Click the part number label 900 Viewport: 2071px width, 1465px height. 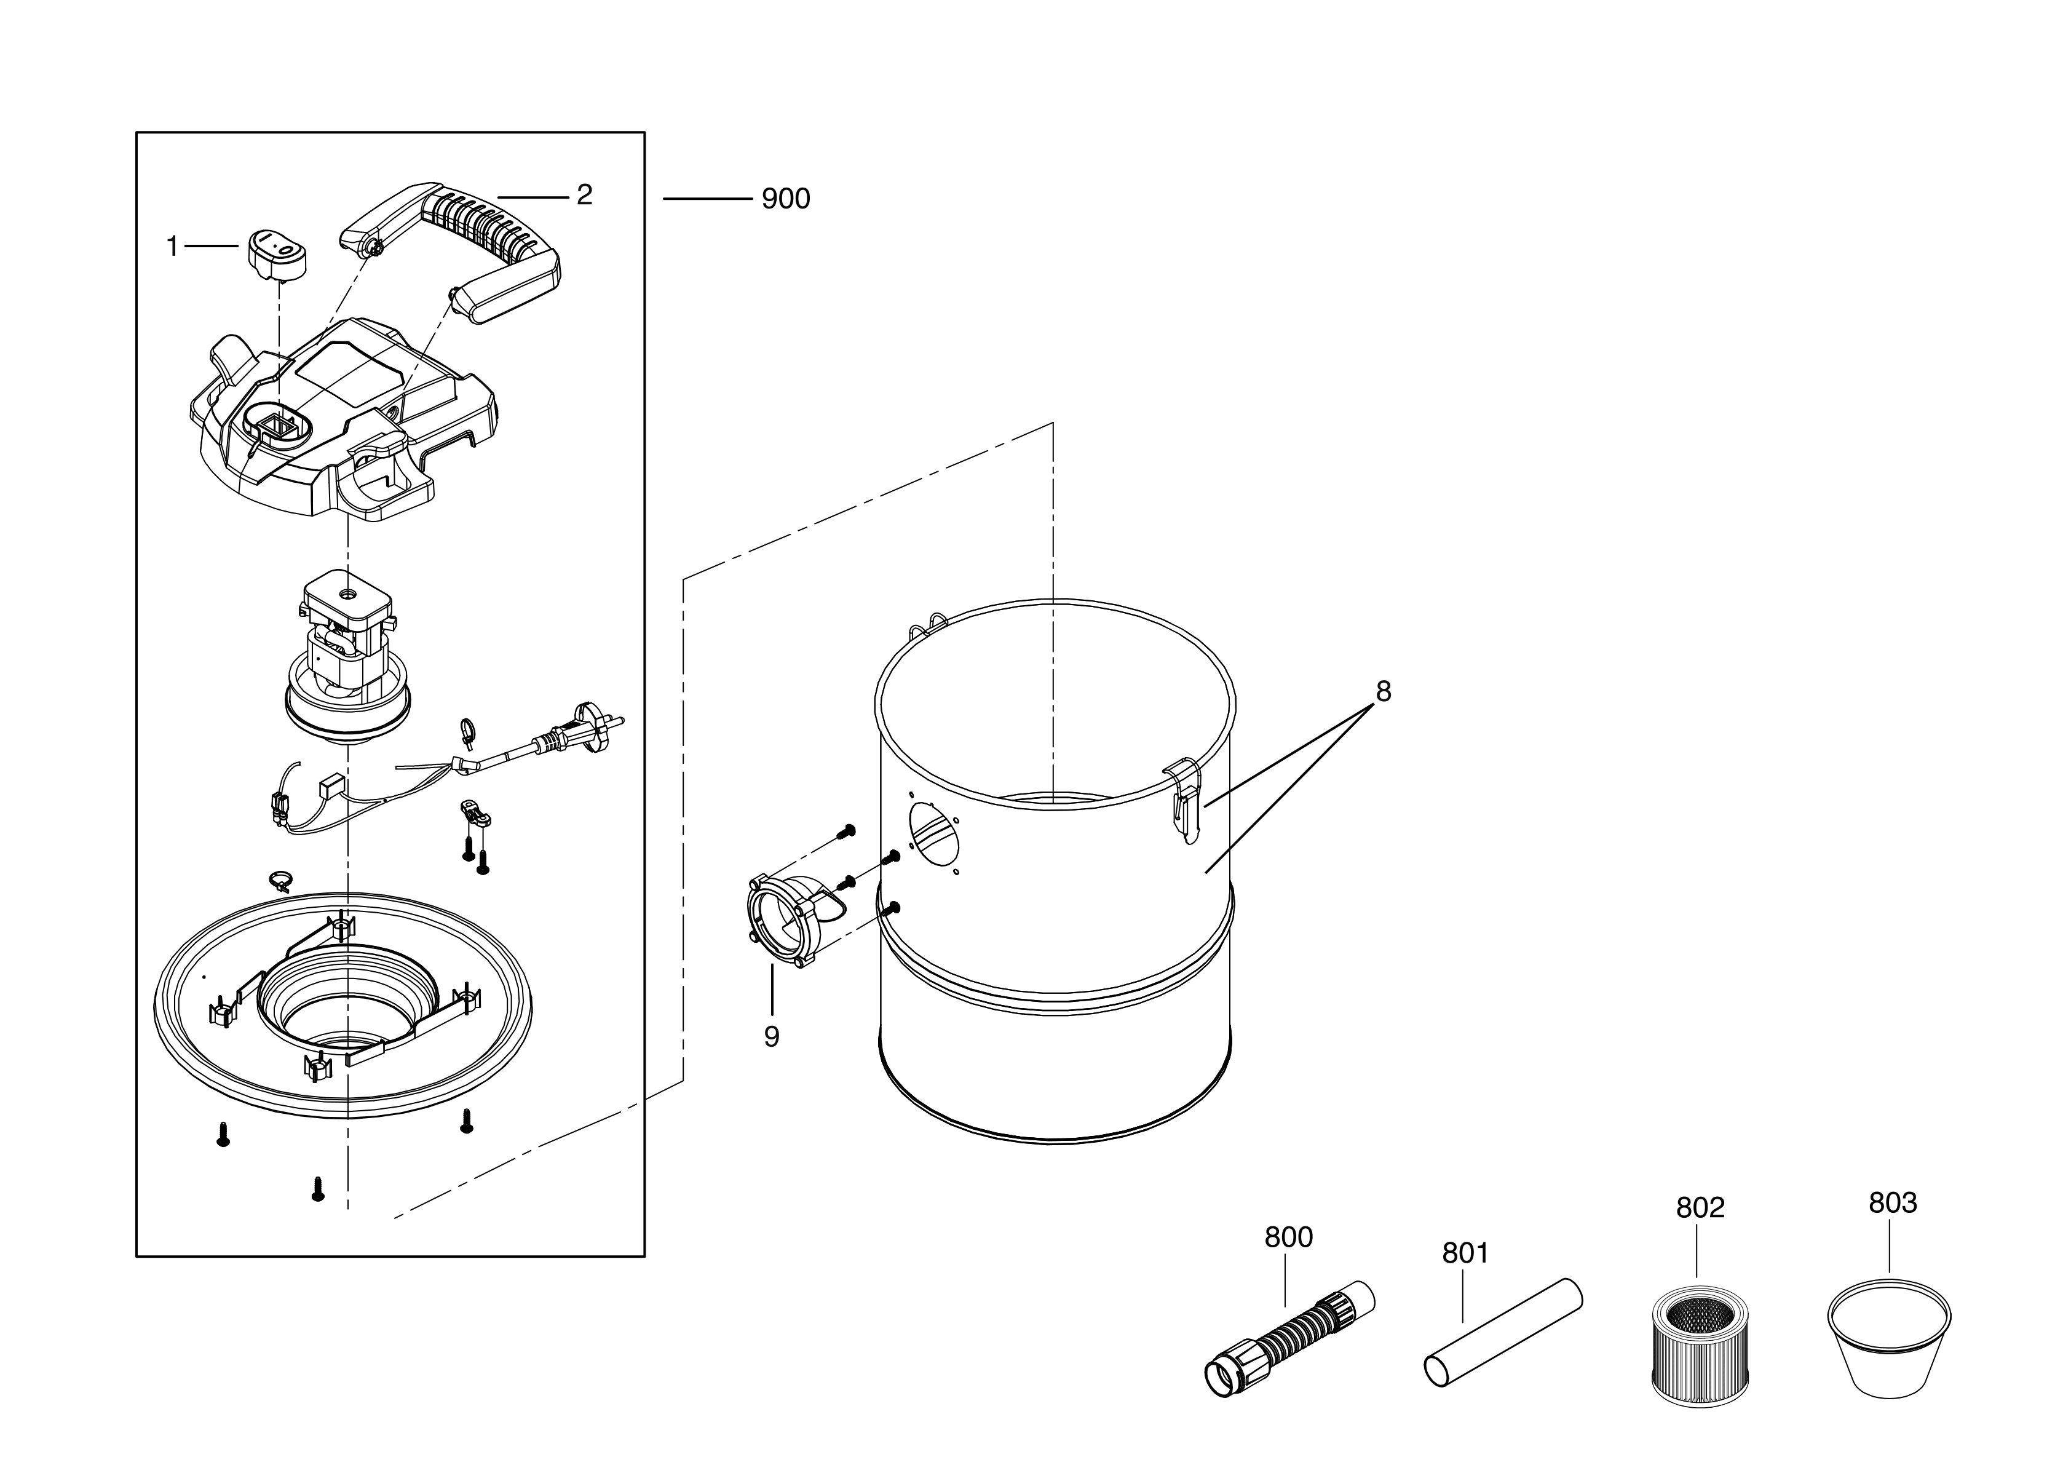coord(786,199)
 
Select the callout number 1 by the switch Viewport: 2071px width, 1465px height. coord(172,246)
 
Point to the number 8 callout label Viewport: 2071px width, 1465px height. coord(1383,692)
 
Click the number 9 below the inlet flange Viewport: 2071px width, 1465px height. coord(771,1038)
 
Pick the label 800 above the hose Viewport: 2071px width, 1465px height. coord(1288,1237)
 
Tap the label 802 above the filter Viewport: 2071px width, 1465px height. coord(1700,1208)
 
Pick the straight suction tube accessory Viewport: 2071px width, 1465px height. coord(1503,1332)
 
